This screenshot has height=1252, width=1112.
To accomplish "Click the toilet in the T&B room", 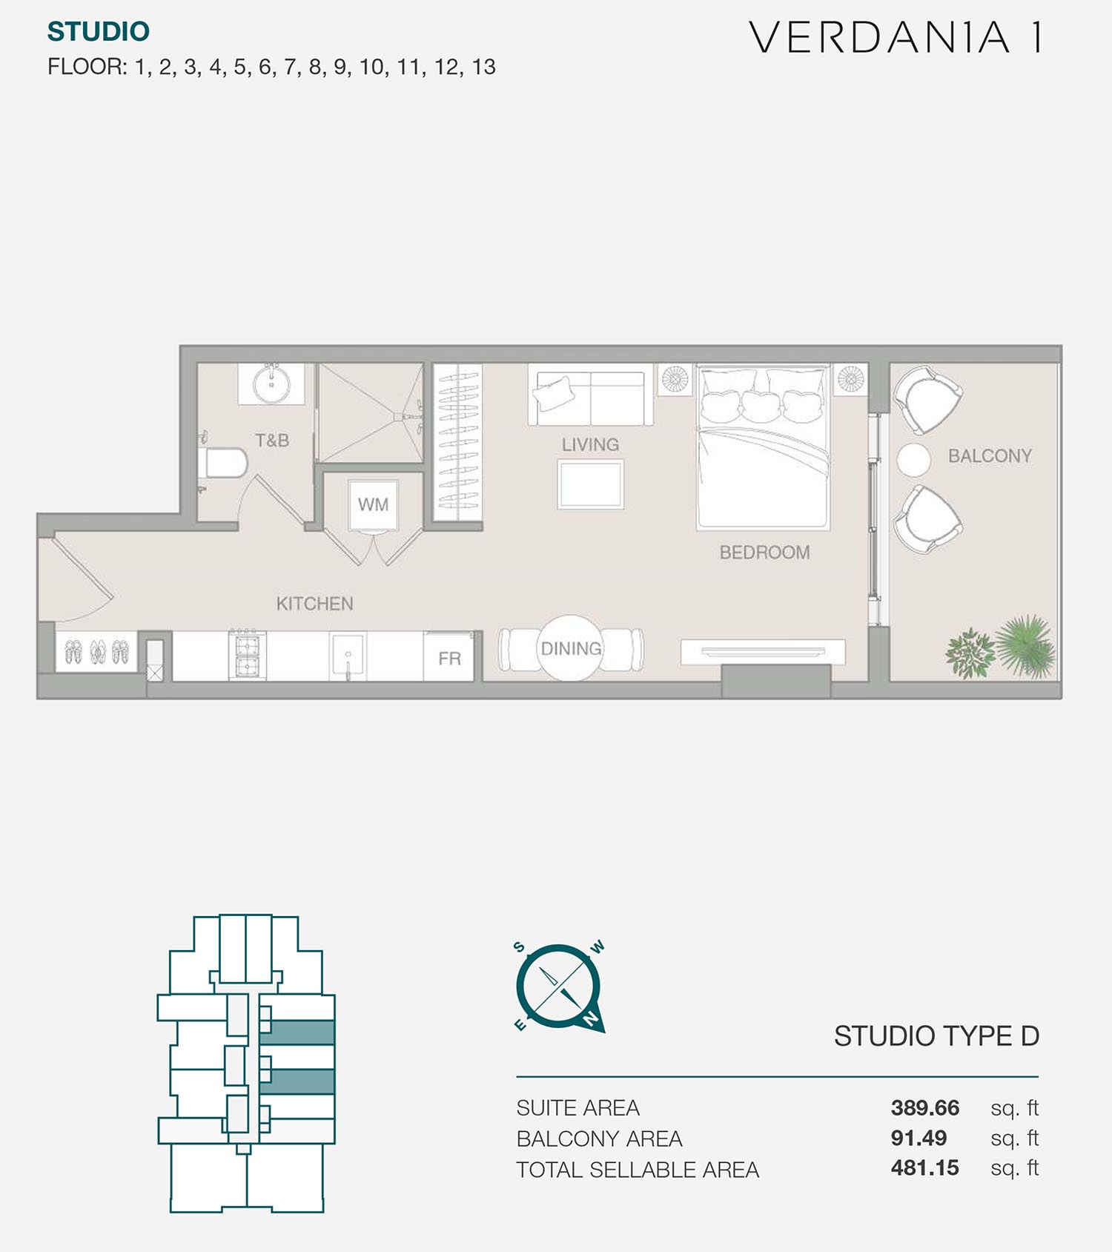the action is pos(225,463).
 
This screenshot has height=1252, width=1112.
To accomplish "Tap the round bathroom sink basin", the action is pos(271,383).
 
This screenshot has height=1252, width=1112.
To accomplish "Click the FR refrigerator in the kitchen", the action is pos(449,657).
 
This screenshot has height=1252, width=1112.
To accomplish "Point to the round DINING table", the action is pos(571,648).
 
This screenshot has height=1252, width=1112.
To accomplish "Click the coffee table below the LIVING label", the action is pos(591,484).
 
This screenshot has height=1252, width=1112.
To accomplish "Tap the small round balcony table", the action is pos(913,460).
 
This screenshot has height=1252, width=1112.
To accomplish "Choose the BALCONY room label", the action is pos(990,456).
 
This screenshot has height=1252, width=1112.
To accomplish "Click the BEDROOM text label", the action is pos(764,553).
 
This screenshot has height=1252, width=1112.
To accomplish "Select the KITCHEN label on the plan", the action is pos(314,604).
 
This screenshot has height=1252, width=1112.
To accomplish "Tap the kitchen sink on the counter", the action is pos(348,656).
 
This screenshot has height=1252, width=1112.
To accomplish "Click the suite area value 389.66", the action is pos(924,1108).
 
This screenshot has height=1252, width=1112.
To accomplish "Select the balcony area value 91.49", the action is pos(919,1138).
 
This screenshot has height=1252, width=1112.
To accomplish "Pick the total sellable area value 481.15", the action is pos(924,1168).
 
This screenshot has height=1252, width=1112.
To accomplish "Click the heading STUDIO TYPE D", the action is pos(936,1036).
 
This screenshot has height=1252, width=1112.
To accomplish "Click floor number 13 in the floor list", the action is pos(483,67).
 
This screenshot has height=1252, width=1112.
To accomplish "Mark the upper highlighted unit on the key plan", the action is pos(297,1032).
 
